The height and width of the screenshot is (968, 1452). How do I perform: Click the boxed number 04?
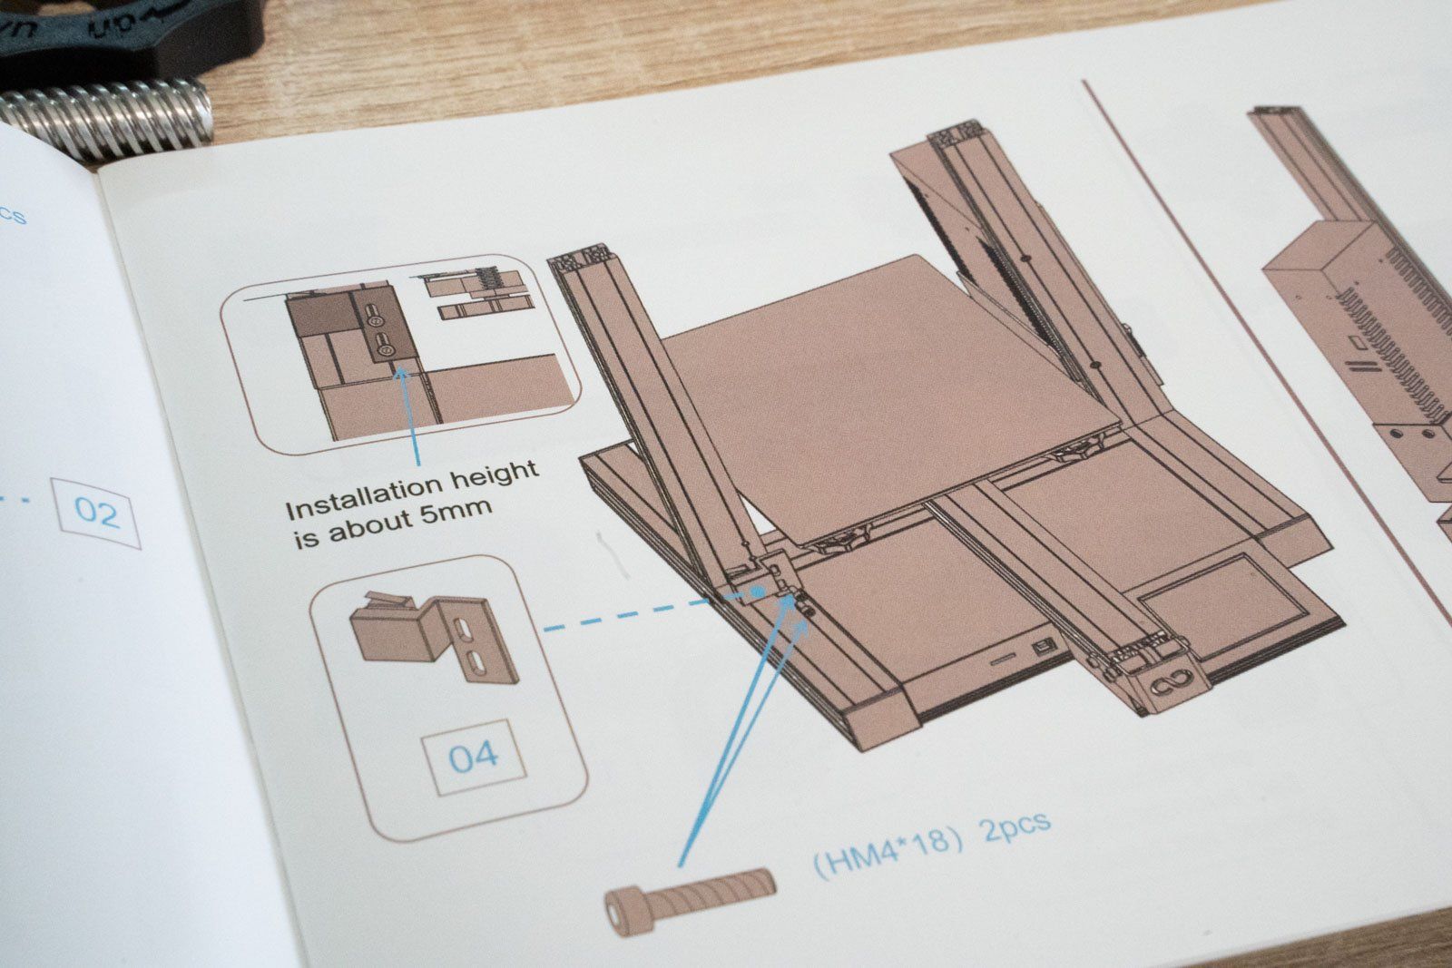473,755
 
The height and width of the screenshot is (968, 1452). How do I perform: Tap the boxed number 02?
97,513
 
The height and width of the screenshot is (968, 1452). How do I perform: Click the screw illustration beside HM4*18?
690,891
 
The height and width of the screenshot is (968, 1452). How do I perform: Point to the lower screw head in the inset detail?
384,346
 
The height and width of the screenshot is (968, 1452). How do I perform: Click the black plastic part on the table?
127,36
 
